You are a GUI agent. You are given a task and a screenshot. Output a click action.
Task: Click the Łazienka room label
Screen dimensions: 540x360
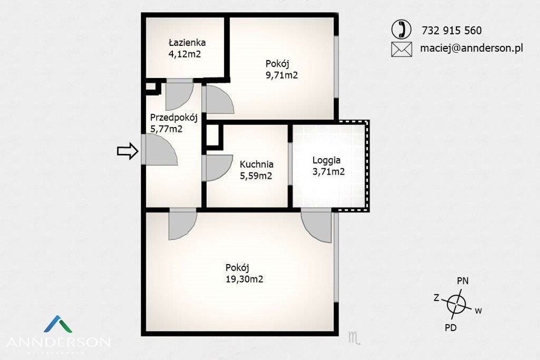(x=187, y=43)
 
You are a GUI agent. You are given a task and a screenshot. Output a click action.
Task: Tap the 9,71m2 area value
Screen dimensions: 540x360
(x=281, y=75)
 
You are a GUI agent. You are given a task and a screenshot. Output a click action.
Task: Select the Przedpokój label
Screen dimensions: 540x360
(x=173, y=118)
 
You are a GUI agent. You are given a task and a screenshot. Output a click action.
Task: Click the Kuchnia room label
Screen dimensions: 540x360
(x=256, y=164)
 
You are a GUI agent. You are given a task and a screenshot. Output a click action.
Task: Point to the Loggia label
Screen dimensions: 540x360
(x=327, y=160)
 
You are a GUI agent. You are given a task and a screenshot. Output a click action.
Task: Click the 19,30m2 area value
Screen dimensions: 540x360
(x=244, y=279)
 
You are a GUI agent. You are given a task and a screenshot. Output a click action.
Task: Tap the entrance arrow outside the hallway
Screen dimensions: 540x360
(x=128, y=151)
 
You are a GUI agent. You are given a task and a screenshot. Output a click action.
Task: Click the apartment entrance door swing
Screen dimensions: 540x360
(x=159, y=149)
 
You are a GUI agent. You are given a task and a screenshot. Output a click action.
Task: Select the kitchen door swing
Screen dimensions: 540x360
(x=219, y=168)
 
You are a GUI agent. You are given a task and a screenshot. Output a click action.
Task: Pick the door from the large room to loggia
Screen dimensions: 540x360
(x=316, y=226)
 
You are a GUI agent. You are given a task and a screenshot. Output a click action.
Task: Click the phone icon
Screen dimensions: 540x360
(x=401, y=29)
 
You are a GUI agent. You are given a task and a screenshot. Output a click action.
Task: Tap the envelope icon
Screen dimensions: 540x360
(x=401, y=49)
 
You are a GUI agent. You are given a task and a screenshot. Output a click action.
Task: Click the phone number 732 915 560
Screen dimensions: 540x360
(x=452, y=31)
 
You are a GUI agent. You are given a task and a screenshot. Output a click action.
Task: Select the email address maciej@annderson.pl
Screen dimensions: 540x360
(x=471, y=48)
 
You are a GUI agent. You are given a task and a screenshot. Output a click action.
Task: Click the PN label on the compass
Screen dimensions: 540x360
(x=463, y=281)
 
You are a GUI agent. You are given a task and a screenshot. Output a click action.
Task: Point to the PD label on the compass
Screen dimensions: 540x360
(x=451, y=328)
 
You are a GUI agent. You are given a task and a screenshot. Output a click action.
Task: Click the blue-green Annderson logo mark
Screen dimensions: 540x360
(x=58, y=324)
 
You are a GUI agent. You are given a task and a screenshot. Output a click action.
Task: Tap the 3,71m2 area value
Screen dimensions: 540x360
(x=328, y=172)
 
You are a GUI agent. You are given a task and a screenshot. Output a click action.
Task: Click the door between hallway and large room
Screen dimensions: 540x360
(x=182, y=224)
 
